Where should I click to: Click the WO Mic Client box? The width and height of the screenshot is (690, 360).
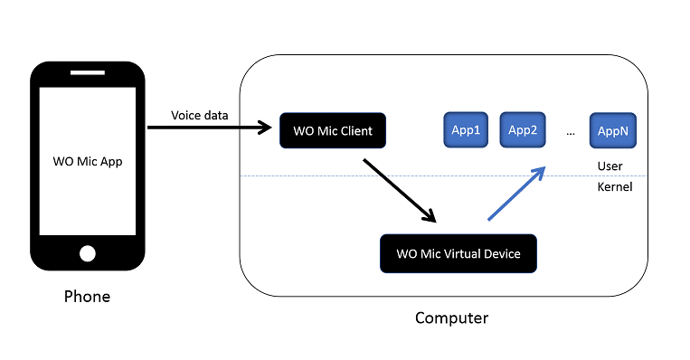(333, 131)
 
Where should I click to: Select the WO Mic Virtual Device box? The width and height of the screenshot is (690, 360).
(458, 253)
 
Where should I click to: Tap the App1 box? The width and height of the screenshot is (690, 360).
(465, 130)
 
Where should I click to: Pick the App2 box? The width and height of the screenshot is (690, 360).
(522, 130)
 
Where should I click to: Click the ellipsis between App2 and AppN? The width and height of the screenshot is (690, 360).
(570, 132)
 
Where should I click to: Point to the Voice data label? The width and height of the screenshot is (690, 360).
(200, 115)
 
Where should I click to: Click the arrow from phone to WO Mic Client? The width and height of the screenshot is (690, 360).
(208, 128)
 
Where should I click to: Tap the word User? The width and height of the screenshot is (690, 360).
(610, 166)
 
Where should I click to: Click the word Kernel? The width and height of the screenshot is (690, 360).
(614, 187)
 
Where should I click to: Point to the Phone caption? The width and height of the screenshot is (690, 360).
(87, 297)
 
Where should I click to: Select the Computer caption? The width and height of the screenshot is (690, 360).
(451, 318)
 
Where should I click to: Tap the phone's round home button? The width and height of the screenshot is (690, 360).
(87, 253)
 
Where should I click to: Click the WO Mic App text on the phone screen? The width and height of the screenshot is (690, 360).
(87, 163)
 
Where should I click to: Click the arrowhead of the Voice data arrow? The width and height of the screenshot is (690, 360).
(265, 128)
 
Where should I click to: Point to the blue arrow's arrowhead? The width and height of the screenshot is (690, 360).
(540, 172)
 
